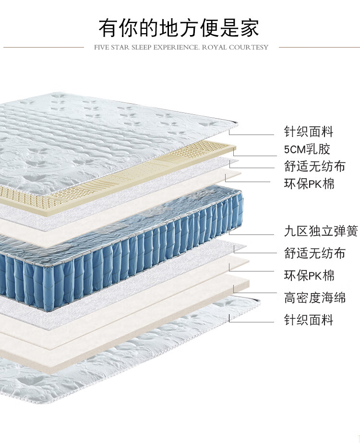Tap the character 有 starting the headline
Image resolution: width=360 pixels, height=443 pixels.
(x=109, y=27)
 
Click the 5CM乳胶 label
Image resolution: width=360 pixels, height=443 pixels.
(x=307, y=149)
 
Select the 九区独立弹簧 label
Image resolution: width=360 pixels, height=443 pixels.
(x=321, y=231)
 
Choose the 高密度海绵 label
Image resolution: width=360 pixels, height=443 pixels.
(x=314, y=298)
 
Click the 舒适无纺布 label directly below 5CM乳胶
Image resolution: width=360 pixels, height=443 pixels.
(x=314, y=167)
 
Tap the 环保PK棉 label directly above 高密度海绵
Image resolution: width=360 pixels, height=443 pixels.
(x=309, y=276)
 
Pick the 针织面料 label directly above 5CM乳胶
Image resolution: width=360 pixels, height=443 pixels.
(x=308, y=131)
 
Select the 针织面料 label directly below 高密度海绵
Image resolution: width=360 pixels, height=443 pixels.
(x=308, y=320)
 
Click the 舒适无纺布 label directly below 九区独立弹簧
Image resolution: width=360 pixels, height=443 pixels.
(x=314, y=253)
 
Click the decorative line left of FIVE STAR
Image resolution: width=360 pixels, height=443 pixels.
(x=43, y=48)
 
